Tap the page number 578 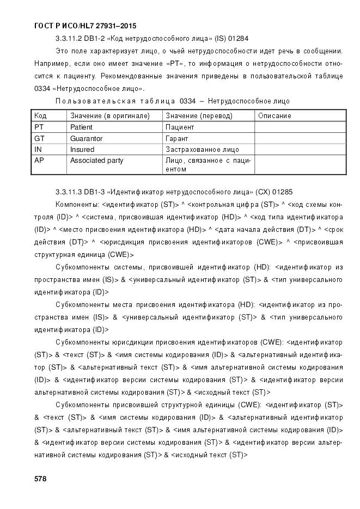click(x=40, y=479)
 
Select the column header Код click(x=40, y=116)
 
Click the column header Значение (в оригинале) click(x=109, y=116)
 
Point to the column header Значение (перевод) click(x=199, y=116)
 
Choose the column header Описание click(x=274, y=116)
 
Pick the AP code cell click(x=39, y=161)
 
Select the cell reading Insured click(x=82, y=150)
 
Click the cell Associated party click(x=96, y=161)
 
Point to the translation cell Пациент click(x=180, y=127)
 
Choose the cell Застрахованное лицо click(x=202, y=150)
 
